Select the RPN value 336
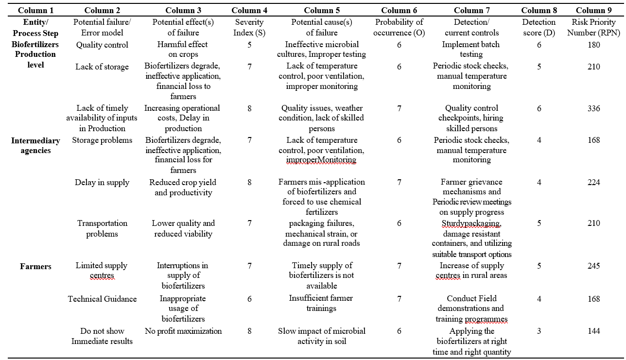pos(593,108)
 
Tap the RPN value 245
pos(593,266)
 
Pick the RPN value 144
pos(593,331)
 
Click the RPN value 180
pos(593,45)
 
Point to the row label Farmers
pos(35,266)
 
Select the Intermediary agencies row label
pos(35,145)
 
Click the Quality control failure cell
pos(102,45)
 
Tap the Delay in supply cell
pos(102,183)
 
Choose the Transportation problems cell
pos(102,228)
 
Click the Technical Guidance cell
pos(102,299)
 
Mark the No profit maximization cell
pos(183,331)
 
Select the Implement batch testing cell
pos(471,50)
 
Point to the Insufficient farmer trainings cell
pos(321,303)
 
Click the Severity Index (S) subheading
pos(249,27)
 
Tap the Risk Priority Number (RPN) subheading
pos(593,27)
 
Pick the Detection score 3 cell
pos(539,331)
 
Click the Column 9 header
pos(593,10)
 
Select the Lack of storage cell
pos(102,67)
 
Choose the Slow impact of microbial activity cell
pos(321,336)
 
